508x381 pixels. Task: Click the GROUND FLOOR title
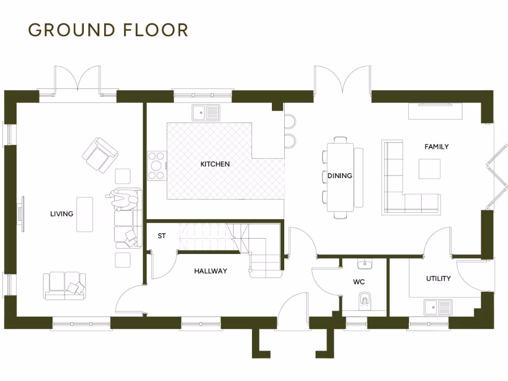108,30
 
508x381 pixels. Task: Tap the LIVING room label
62,214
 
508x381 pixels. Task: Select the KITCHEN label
215,164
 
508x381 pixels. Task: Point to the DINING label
340,176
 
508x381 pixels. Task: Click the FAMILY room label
437,146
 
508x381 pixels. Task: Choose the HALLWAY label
210,271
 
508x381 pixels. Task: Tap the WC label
359,282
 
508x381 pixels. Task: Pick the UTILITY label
439,278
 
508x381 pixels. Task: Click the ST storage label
162,236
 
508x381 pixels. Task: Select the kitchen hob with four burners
157,165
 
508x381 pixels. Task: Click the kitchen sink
206,113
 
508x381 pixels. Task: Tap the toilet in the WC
365,300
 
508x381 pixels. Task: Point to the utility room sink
438,307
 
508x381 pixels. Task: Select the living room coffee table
84,214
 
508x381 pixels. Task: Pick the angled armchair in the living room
100,155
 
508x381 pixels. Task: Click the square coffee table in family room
429,169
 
